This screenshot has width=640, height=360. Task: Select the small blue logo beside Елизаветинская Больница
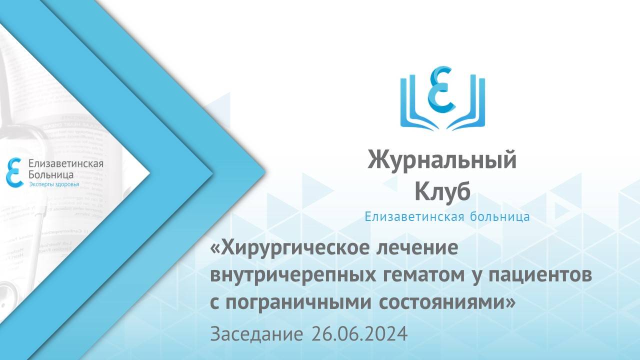pyautogui.click(x=14, y=172)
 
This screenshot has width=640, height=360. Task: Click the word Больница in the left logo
pyautogui.click(x=51, y=175)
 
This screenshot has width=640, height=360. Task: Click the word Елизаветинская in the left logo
pyautogui.click(x=66, y=164)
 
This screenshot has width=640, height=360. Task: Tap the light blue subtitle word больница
pyautogui.click(x=498, y=217)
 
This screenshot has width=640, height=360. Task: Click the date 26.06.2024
pyautogui.click(x=358, y=333)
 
